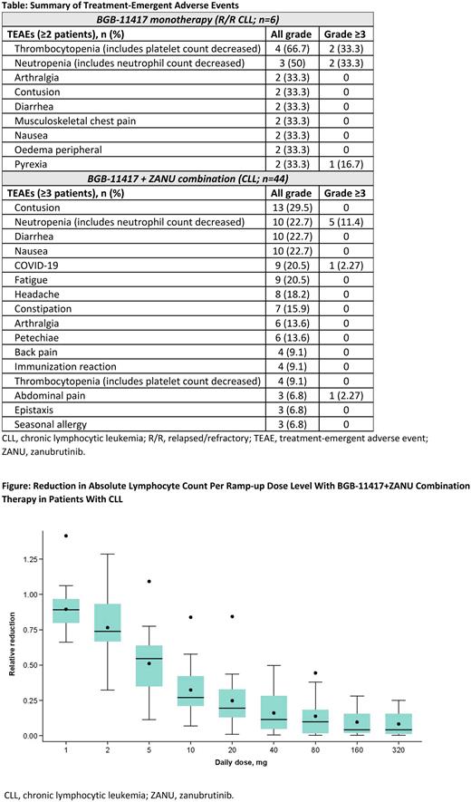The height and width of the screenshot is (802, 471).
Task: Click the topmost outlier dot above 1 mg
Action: pyautogui.click(x=66, y=536)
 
